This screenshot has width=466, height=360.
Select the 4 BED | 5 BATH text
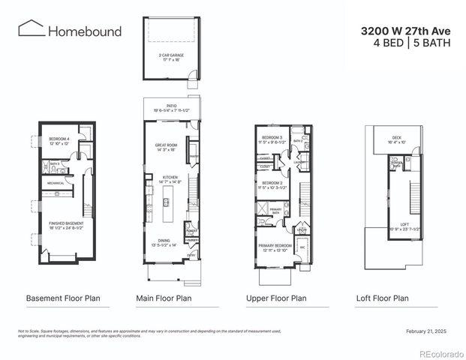(x=411, y=43)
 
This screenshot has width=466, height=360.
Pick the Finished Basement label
(x=66, y=224)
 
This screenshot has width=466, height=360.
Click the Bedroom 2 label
(x=272, y=184)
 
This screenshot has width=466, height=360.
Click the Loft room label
(x=404, y=223)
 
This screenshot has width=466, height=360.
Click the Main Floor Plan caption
(x=163, y=298)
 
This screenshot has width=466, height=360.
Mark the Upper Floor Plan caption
(x=276, y=298)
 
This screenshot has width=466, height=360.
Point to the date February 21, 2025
(x=425, y=331)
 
